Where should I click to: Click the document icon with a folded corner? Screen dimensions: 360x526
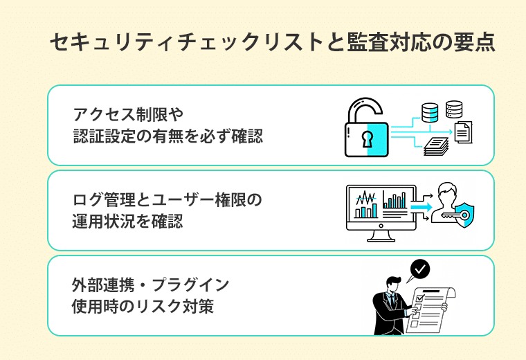[x=463, y=131]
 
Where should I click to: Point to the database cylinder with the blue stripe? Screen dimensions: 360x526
[x=430, y=111]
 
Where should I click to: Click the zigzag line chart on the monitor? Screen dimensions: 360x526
[x=365, y=201]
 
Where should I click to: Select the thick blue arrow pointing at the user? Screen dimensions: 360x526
[x=420, y=206]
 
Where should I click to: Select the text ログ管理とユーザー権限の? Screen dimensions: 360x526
[x=167, y=201]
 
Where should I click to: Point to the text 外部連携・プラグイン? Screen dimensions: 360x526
[x=150, y=285]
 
